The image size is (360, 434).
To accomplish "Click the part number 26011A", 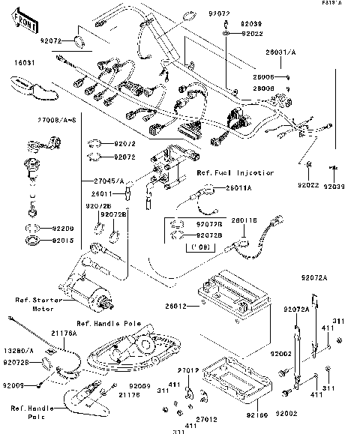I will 238,187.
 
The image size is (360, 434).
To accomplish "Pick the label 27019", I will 187,370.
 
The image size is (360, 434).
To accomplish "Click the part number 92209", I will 63,228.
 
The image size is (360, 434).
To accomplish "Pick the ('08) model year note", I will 199,245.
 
